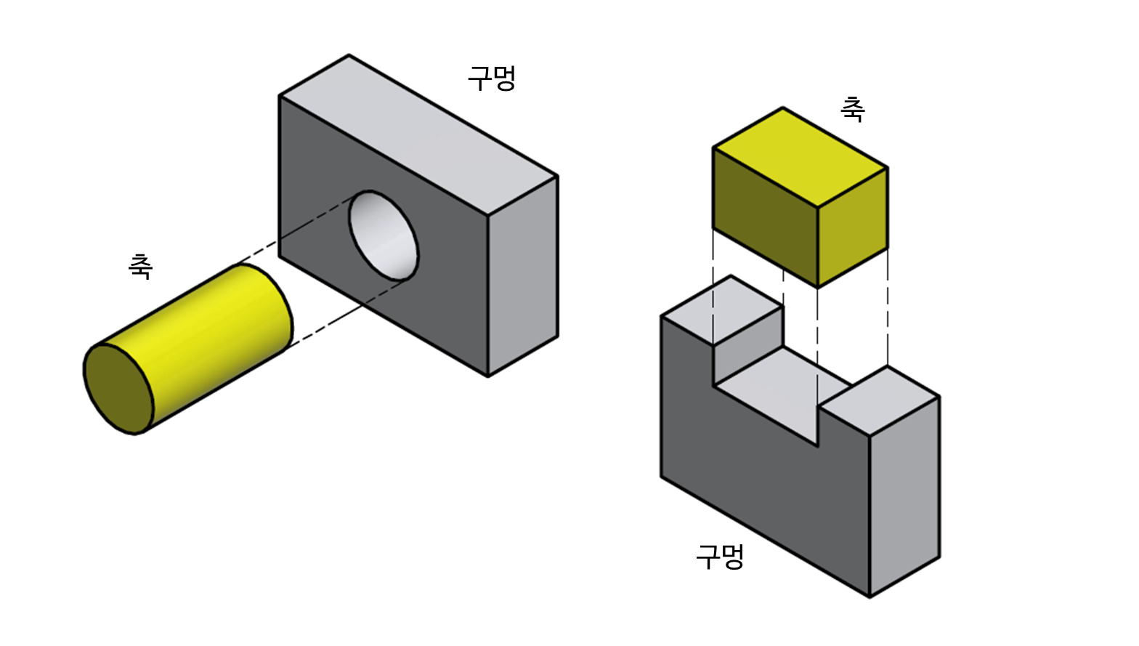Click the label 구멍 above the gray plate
tap(492, 78)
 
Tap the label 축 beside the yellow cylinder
tap(140, 266)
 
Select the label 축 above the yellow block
tap(853, 109)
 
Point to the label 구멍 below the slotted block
tap(720, 556)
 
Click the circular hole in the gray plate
tap(384, 236)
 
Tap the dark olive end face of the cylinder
tap(118, 388)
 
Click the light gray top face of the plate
tap(418, 134)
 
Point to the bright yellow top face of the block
tap(799, 156)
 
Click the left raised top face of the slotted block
tap(723, 309)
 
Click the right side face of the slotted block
tap(904, 494)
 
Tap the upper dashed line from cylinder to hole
tap(291, 233)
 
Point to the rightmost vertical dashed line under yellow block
tap(888, 305)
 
